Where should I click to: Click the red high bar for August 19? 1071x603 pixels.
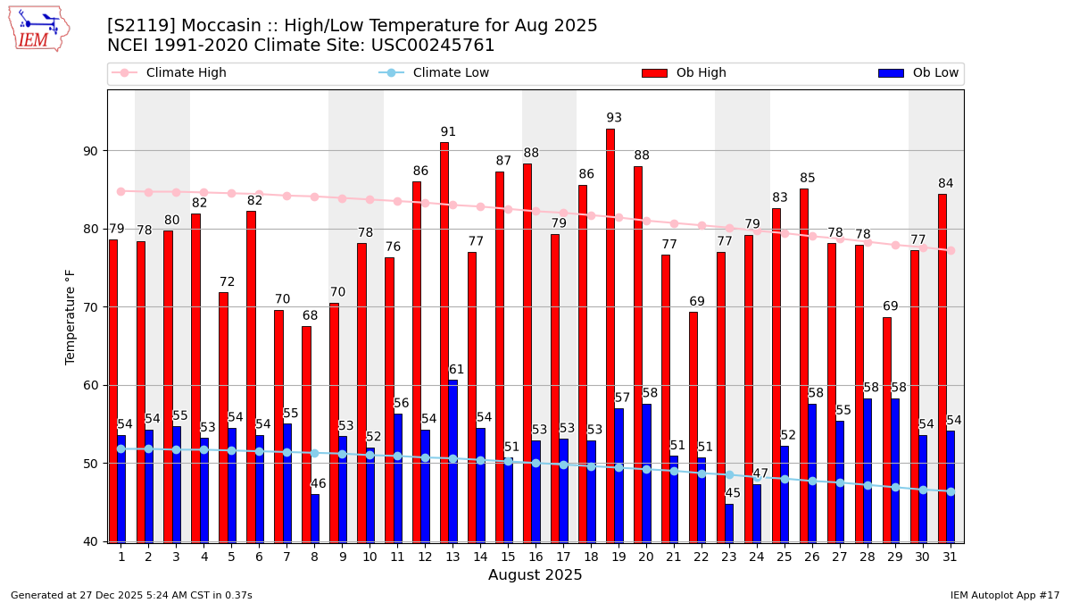click(x=610, y=335)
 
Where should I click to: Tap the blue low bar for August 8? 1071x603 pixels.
click(x=315, y=518)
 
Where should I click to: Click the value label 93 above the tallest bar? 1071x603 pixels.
click(x=614, y=118)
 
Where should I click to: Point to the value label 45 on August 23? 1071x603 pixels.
click(x=733, y=493)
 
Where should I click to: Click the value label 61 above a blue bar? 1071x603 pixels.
click(x=456, y=370)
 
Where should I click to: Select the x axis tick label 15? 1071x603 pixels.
click(x=508, y=557)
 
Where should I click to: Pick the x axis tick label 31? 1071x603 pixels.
click(x=950, y=557)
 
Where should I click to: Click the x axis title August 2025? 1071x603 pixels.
click(x=535, y=575)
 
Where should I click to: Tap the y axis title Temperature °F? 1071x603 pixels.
click(x=71, y=316)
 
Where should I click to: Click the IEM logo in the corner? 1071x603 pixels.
click(x=38, y=29)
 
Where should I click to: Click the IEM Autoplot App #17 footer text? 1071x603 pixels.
click(x=1004, y=595)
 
